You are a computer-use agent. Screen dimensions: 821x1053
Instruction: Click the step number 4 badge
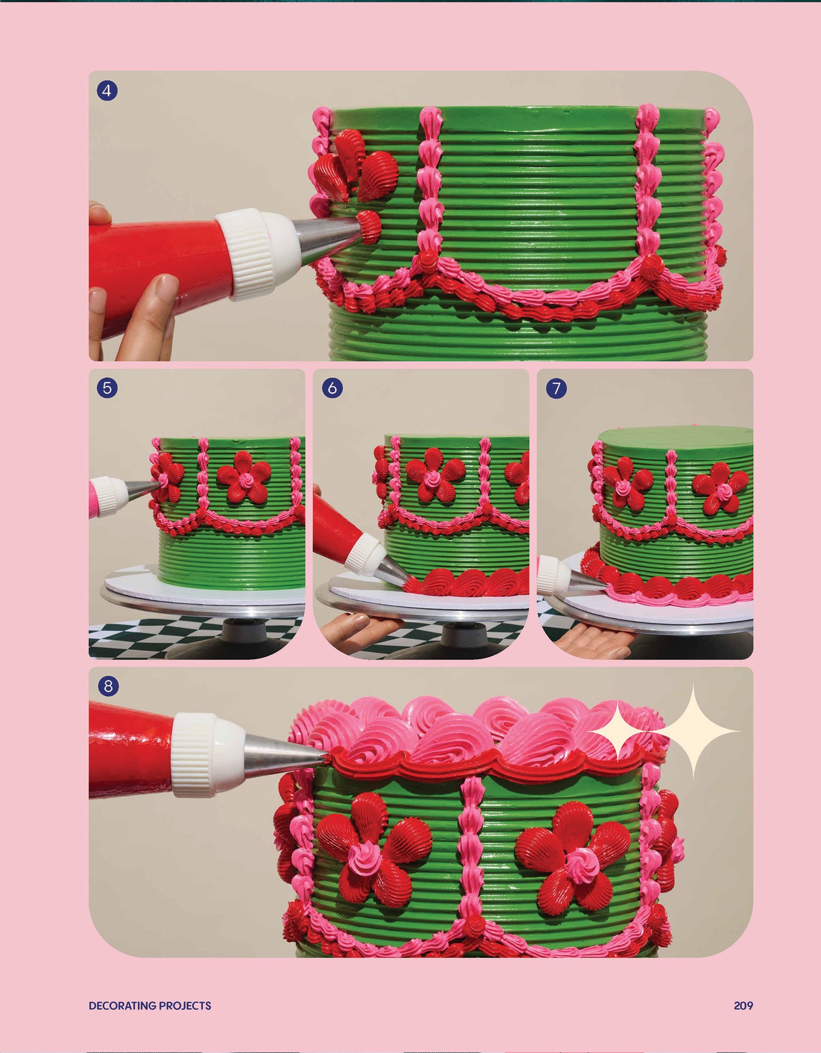tap(107, 90)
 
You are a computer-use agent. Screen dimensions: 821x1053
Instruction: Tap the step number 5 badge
tap(107, 388)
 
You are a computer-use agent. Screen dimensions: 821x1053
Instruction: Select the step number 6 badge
tap(332, 388)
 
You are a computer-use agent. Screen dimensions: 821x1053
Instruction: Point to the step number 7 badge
tap(556, 388)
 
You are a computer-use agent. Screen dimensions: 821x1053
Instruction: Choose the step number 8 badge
tap(108, 686)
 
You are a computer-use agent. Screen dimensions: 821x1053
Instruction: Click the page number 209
tap(743, 1005)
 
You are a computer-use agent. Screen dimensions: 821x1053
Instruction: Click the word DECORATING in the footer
tap(122, 1005)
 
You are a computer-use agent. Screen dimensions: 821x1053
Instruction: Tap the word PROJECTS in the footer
tap(185, 1005)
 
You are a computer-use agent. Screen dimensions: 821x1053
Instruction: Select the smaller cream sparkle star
tap(619, 731)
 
